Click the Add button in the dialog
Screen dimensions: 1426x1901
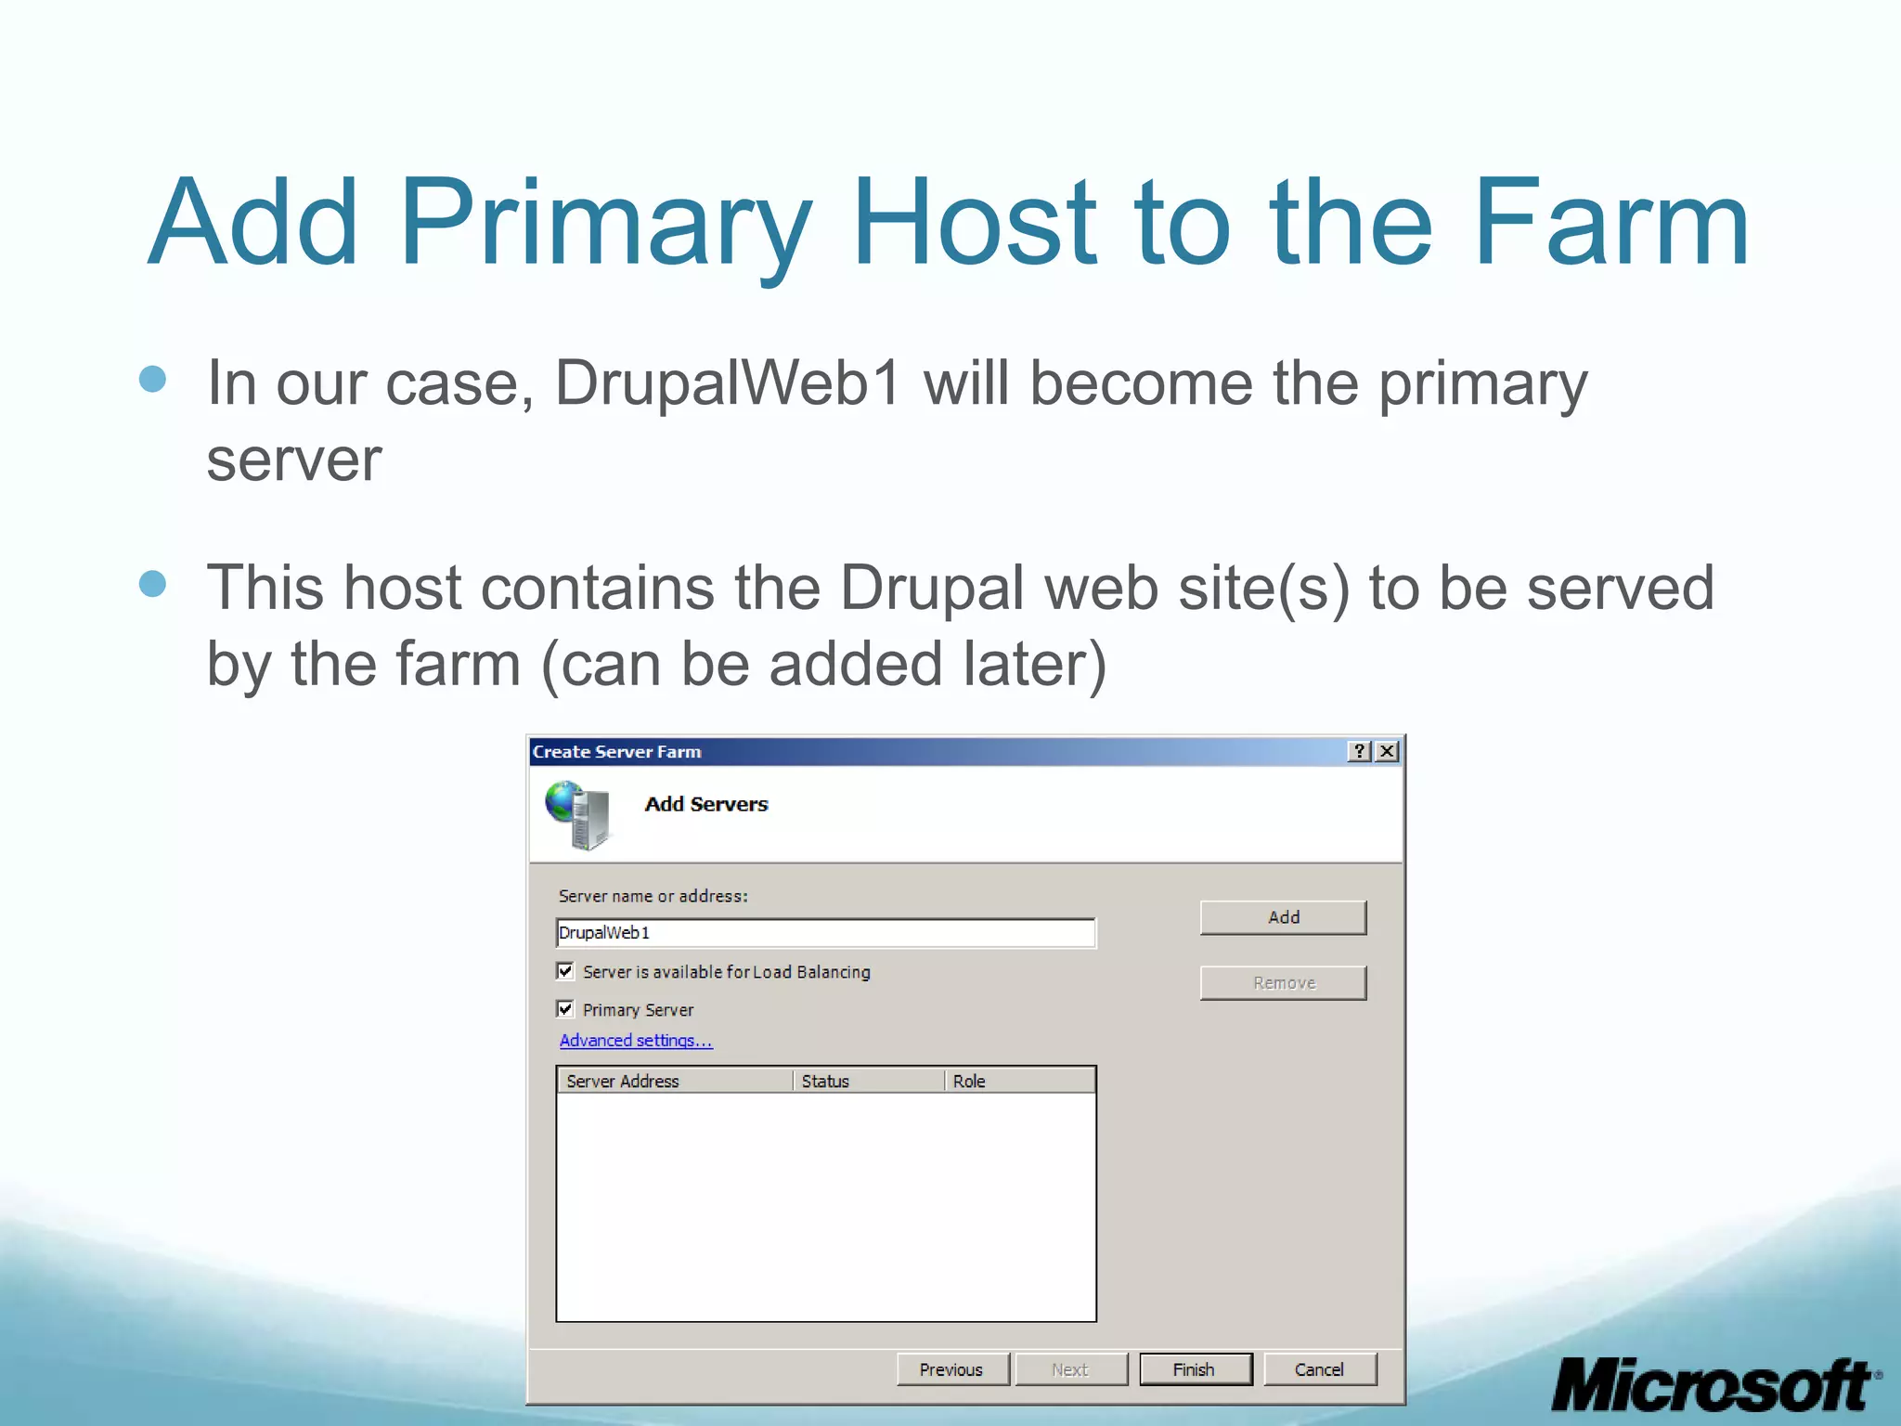(x=1283, y=917)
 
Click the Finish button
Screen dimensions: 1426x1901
(x=1195, y=1369)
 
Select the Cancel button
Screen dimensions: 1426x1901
(x=1319, y=1369)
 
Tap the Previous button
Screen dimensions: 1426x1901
(x=951, y=1369)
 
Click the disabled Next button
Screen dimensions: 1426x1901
(x=1070, y=1369)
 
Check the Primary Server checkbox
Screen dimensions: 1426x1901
(x=565, y=1009)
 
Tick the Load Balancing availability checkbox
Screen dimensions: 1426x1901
(x=565, y=971)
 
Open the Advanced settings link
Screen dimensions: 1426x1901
(x=636, y=1041)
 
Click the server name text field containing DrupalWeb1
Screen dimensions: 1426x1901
(x=825, y=933)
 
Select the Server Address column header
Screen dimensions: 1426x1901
(x=674, y=1081)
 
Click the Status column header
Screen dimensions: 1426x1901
(x=869, y=1081)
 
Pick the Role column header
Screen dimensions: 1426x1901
(x=1019, y=1081)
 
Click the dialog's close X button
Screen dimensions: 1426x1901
(x=1387, y=751)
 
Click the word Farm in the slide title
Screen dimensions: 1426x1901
(x=1610, y=224)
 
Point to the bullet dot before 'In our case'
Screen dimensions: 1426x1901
(x=152, y=379)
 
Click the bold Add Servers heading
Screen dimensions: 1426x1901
(x=706, y=804)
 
